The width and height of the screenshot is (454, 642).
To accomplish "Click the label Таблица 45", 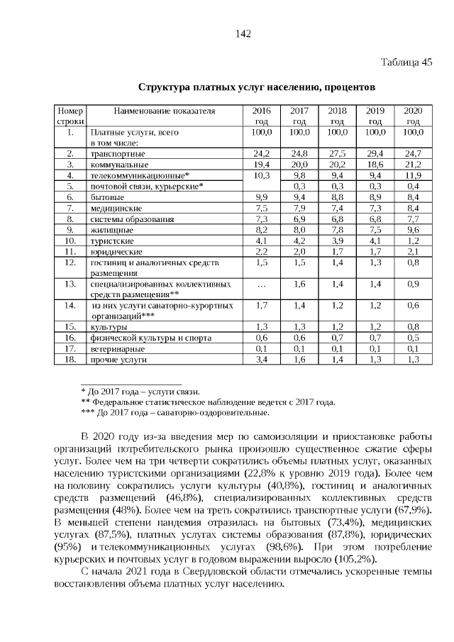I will (x=407, y=62).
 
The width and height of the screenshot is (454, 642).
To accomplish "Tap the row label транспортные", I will (x=113, y=153).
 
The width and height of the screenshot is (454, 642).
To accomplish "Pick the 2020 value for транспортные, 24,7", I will (x=412, y=153).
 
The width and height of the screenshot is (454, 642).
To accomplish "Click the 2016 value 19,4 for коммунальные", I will (x=262, y=164).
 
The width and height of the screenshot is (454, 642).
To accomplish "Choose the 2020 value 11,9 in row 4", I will (x=412, y=175).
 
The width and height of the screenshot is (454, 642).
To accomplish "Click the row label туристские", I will (x=107, y=240).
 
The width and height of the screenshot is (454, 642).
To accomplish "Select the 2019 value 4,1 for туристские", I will (x=375, y=240).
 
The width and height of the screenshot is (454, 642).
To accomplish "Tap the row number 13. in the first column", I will (x=70, y=284).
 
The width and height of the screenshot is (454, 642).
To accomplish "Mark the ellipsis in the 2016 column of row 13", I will (x=262, y=284).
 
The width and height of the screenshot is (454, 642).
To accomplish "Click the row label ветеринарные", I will (x=112, y=349).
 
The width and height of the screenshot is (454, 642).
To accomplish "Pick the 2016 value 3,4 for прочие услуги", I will (x=262, y=360).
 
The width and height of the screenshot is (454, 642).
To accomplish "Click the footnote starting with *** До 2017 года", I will (x=175, y=412).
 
